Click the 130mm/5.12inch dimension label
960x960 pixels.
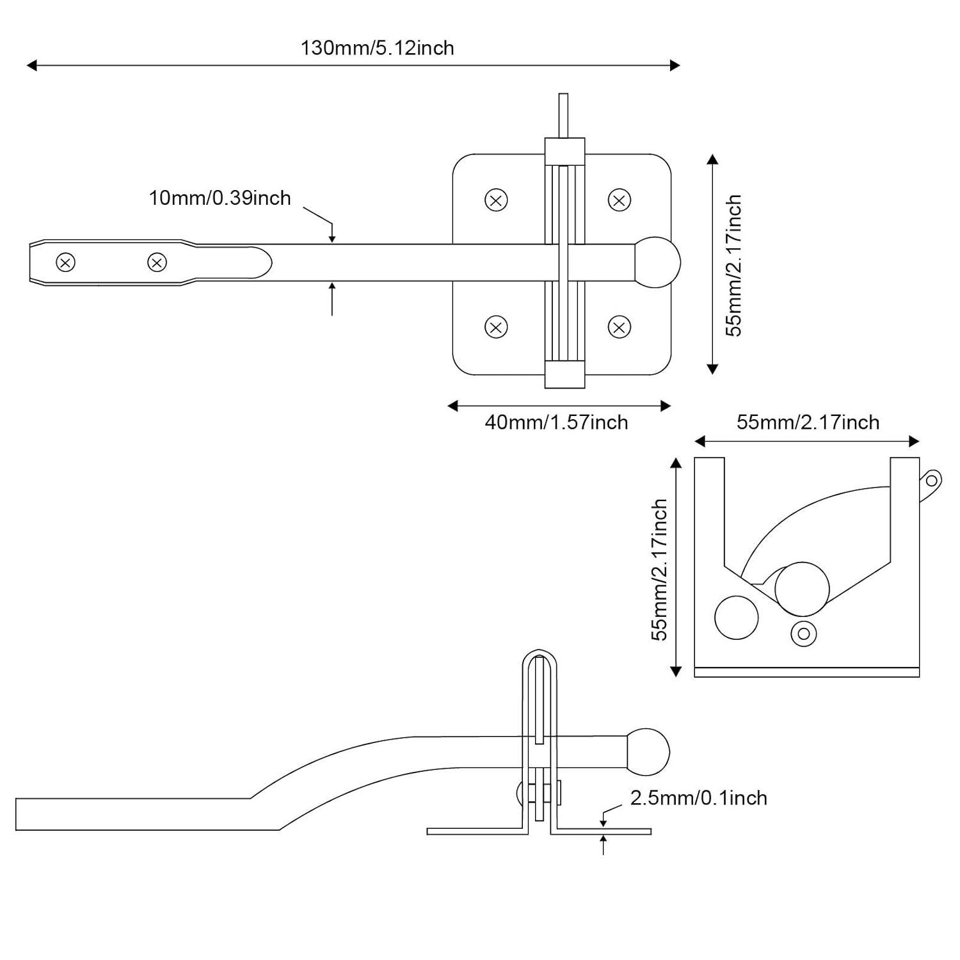click(377, 48)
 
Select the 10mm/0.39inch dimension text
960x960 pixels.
click(220, 198)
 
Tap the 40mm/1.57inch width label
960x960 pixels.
click(556, 422)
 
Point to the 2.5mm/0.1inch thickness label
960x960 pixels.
click(698, 798)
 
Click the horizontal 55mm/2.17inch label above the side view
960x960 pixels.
click(808, 422)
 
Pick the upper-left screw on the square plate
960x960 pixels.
click(496, 200)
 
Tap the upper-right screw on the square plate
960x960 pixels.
click(619, 200)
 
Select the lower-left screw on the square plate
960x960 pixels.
click(496, 327)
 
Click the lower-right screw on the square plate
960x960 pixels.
click(619, 327)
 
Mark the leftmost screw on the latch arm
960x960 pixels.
click(66, 262)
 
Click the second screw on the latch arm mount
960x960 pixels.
click(157, 262)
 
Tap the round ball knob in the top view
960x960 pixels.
click(657, 262)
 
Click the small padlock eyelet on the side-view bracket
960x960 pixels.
click(932, 481)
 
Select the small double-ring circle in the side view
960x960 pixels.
click(804, 634)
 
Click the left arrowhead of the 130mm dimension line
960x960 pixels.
click(31, 65)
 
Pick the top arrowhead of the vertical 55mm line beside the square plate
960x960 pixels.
click(712, 159)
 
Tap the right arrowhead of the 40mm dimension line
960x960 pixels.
click(666, 406)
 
